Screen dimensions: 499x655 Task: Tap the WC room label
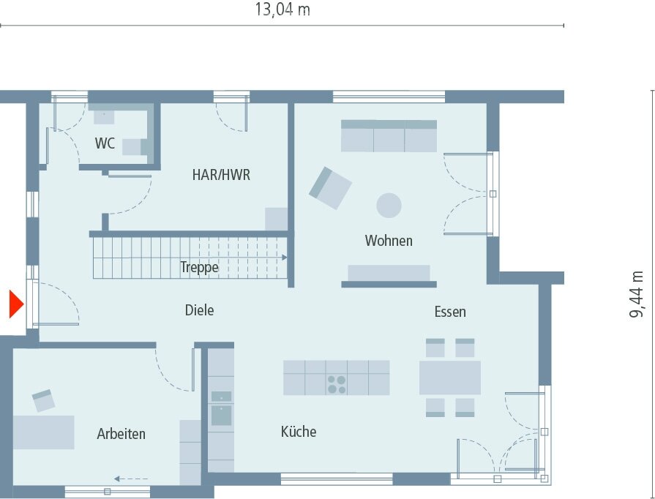(105, 143)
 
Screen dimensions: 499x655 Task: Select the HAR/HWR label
(221, 175)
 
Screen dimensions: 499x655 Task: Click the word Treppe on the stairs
(199, 268)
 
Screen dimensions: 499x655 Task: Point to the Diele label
(199, 311)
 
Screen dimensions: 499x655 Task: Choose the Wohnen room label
(389, 241)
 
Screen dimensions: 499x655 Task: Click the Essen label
(449, 312)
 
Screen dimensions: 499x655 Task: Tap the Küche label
(299, 432)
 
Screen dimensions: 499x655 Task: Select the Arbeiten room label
(121, 434)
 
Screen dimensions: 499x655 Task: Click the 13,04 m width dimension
(282, 10)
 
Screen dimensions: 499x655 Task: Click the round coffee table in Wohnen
(389, 205)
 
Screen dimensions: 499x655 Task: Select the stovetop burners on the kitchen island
(337, 384)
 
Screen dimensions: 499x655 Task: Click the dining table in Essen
(449, 378)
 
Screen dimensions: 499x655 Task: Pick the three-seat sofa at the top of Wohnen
(389, 136)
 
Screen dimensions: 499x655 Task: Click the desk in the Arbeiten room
(44, 432)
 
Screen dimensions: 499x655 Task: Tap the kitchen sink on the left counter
(221, 415)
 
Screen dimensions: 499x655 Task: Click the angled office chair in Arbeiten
(43, 399)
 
